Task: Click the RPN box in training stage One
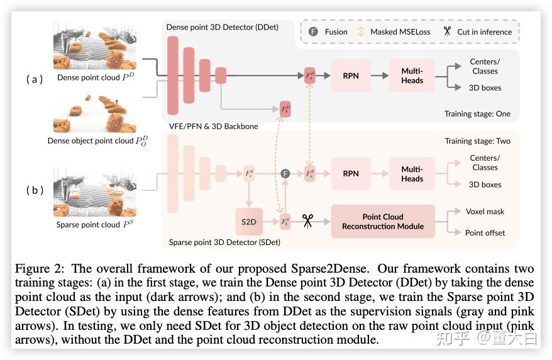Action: (x=350, y=75)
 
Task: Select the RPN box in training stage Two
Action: (x=350, y=173)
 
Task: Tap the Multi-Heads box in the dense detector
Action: (x=412, y=75)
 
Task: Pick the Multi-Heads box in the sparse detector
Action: (x=412, y=173)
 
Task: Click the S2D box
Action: (x=248, y=221)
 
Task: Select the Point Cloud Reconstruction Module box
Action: (x=382, y=221)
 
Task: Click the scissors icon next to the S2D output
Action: (x=307, y=221)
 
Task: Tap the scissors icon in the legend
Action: (x=447, y=31)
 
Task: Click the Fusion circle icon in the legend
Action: (x=313, y=31)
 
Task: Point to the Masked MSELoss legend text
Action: (x=396, y=31)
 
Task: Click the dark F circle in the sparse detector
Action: (x=285, y=173)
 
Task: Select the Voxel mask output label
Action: (x=485, y=212)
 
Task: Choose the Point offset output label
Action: (x=485, y=232)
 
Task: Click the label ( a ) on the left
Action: (x=35, y=79)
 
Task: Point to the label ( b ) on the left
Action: (x=35, y=190)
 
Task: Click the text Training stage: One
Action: (x=477, y=114)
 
